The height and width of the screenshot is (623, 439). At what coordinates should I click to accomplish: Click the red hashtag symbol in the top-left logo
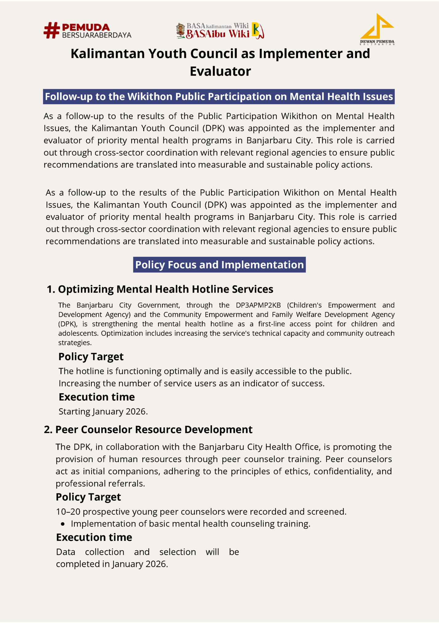tap(52, 30)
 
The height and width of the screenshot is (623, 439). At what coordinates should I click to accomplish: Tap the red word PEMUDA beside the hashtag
tap(86, 27)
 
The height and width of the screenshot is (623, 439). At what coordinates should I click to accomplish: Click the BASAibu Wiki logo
tap(220, 31)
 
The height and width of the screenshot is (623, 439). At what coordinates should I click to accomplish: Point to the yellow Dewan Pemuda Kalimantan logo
tap(377, 29)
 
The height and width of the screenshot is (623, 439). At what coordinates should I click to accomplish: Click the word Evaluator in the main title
tap(220, 71)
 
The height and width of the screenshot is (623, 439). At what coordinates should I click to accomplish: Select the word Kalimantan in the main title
tap(107, 54)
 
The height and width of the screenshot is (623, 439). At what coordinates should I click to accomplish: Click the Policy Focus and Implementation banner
tap(219, 264)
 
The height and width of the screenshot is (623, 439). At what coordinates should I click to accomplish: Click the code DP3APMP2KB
tap(258, 305)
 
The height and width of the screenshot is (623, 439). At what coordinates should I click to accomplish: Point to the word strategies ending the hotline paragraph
tap(74, 343)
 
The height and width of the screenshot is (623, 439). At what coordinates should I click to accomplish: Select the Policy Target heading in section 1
tap(91, 356)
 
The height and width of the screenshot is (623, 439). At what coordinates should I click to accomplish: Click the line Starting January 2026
tap(103, 411)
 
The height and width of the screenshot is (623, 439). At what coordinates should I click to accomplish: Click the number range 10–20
tap(68, 511)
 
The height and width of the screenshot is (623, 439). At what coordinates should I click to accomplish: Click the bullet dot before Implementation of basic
tap(63, 524)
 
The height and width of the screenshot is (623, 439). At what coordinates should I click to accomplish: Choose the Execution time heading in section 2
tap(94, 537)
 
